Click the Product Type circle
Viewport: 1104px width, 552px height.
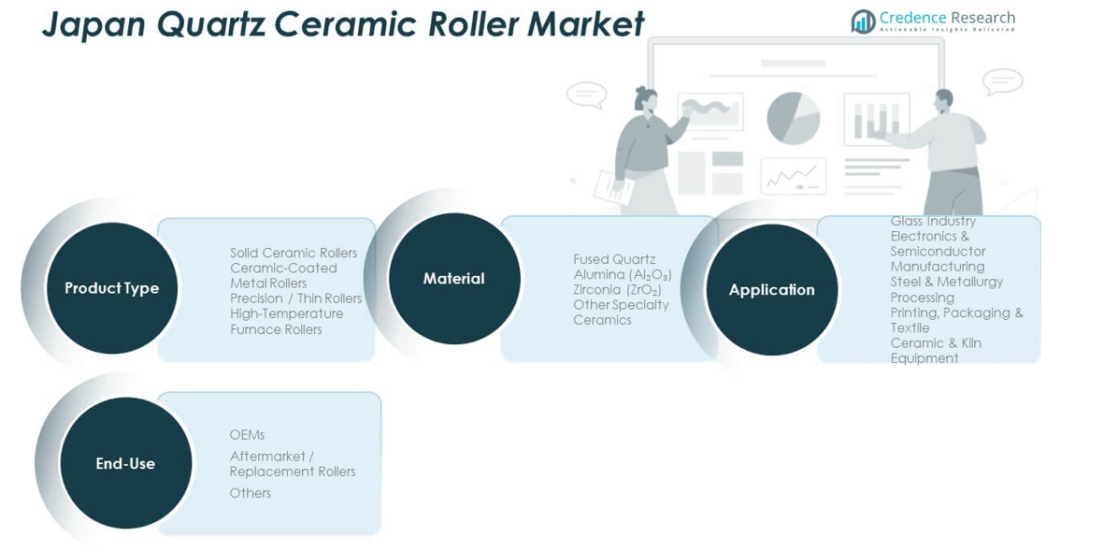click(x=111, y=288)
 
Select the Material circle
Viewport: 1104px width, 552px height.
click(x=453, y=279)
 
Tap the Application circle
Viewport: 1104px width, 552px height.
click(x=771, y=290)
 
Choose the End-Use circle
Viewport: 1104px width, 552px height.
click(x=125, y=463)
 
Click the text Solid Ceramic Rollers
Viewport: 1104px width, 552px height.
click(x=294, y=253)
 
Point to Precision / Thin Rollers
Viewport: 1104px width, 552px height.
click(x=295, y=298)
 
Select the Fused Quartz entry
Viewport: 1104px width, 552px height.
click(x=614, y=259)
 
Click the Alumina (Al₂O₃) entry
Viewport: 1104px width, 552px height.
click(x=623, y=274)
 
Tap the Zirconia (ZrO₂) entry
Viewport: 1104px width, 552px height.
click(x=617, y=290)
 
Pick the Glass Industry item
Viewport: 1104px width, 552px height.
click(x=933, y=222)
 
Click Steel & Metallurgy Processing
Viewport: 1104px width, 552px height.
click(x=946, y=289)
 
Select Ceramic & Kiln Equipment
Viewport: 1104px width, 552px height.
click(x=936, y=351)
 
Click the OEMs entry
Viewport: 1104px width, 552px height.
click(x=247, y=435)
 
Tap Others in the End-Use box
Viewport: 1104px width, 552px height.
click(x=250, y=493)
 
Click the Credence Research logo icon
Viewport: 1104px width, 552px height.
click(x=863, y=21)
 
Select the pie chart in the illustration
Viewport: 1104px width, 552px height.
click(x=793, y=118)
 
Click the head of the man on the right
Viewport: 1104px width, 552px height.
click(x=942, y=99)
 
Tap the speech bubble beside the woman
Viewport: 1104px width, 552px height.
click(x=586, y=94)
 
